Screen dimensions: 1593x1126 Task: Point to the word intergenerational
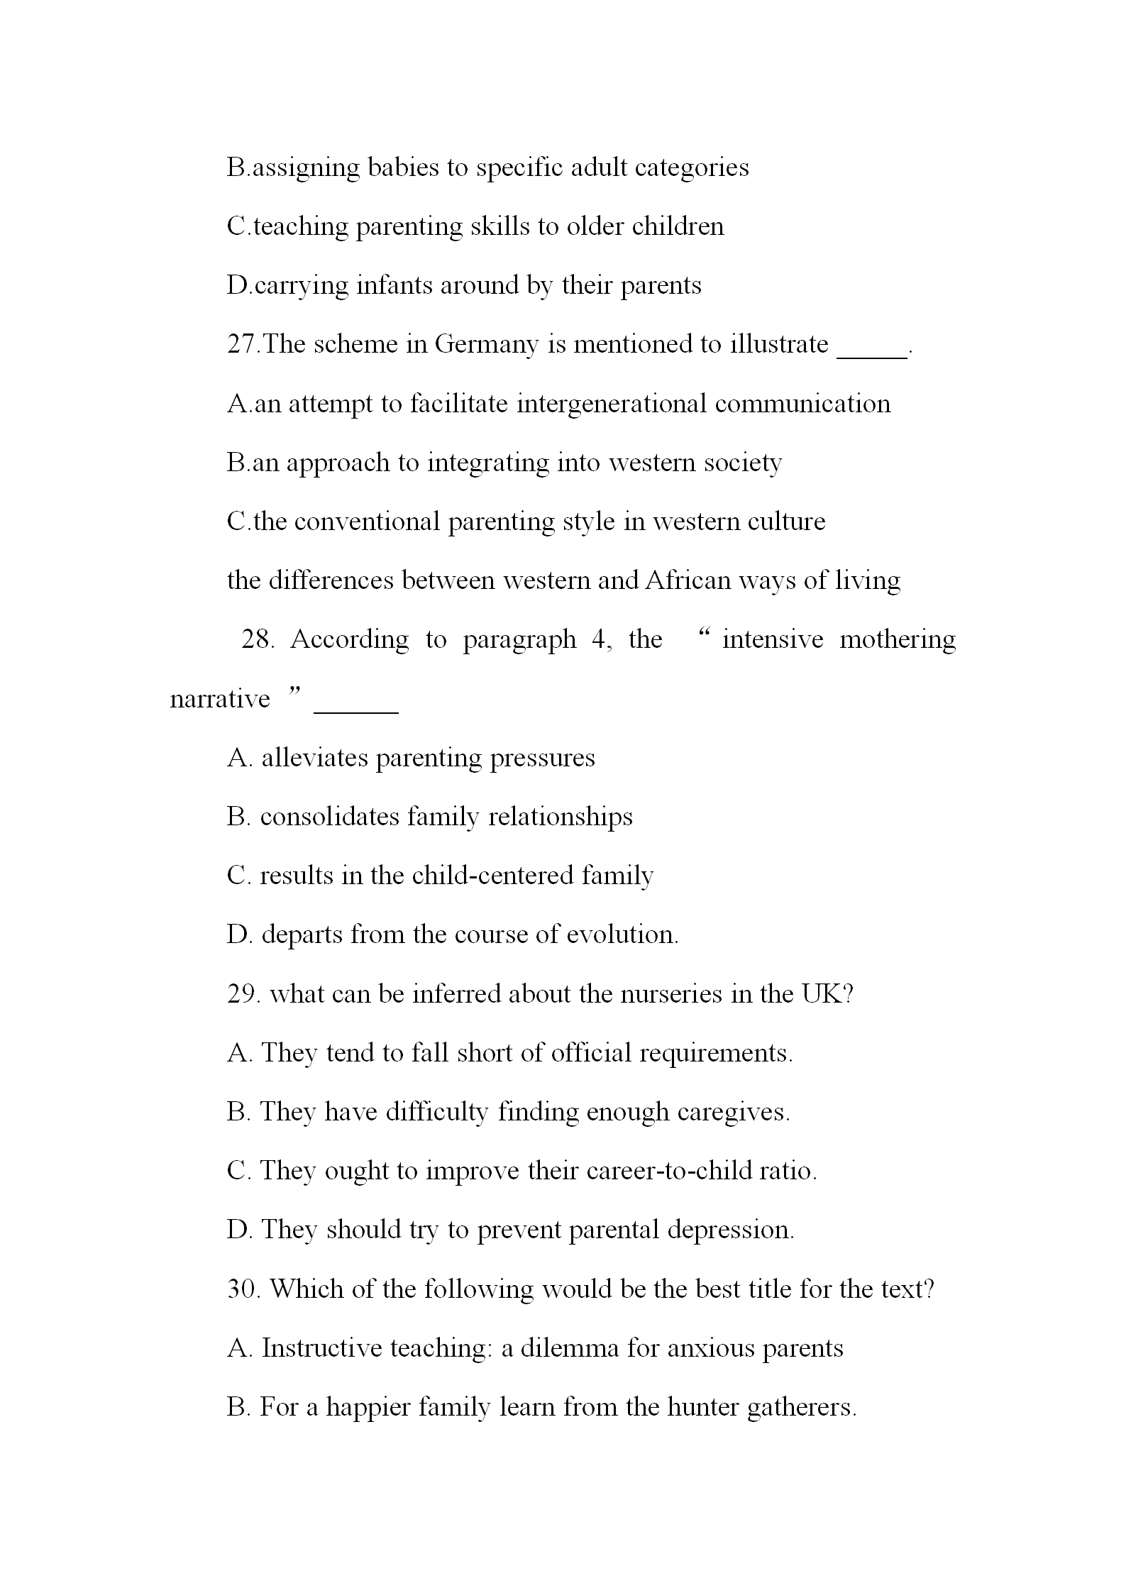pos(612,404)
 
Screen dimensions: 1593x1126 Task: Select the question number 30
pos(245,1289)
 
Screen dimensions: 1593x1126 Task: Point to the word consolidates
pos(330,817)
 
